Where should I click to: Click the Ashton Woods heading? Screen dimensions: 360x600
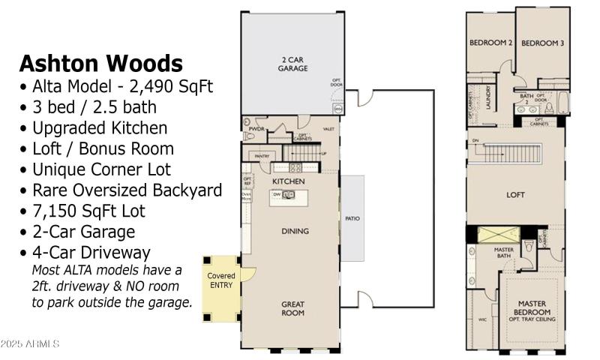click(100, 62)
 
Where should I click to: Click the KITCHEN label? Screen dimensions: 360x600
click(288, 181)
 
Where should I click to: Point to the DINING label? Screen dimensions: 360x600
click(295, 231)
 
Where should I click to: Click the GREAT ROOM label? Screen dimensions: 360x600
click(292, 308)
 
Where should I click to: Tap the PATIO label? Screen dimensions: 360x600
click(352, 220)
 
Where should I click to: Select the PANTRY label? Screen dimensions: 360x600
click(262, 156)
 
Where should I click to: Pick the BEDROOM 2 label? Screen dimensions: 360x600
click(490, 43)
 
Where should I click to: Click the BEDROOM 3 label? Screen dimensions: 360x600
click(542, 43)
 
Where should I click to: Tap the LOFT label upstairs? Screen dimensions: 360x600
click(514, 195)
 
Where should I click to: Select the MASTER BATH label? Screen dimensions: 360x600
click(503, 253)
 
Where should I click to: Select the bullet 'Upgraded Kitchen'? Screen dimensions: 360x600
click(93, 127)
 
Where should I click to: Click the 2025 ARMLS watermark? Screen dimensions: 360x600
click(30, 343)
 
